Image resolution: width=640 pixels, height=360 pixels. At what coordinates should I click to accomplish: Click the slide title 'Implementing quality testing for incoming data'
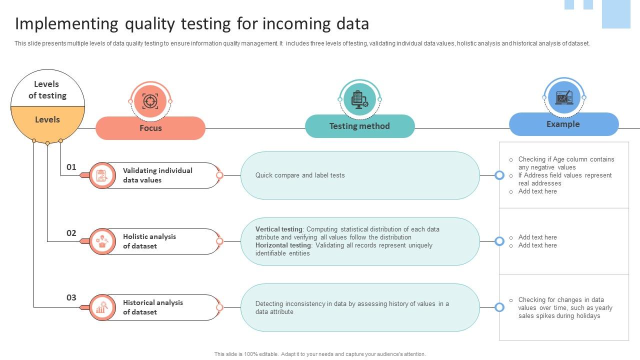[x=192, y=24]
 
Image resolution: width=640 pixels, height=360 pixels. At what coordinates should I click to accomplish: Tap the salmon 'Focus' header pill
[x=150, y=128]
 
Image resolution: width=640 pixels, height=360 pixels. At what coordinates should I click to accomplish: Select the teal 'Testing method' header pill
[x=359, y=126]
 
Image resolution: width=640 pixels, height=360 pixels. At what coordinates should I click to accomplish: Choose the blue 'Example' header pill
[x=563, y=124]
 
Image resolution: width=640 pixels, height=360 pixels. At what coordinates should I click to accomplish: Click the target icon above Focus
[x=150, y=101]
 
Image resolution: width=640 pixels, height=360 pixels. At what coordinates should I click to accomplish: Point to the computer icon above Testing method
[x=359, y=99]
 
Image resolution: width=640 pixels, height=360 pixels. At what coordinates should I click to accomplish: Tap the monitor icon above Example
[x=564, y=97]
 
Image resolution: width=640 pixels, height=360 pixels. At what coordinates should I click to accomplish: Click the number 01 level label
[x=71, y=167]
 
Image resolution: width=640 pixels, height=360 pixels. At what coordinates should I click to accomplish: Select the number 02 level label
[x=71, y=233]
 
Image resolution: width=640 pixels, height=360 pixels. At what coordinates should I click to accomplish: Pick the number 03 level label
[x=71, y=297]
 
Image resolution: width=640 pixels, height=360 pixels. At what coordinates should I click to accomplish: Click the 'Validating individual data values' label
[x=157, y=175]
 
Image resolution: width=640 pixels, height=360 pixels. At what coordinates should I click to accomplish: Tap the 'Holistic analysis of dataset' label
[x=149, y=241]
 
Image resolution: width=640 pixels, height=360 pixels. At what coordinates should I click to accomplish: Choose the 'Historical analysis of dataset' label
[x=152, y=307]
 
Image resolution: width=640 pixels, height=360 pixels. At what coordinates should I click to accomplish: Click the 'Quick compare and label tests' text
[x=300, y=175]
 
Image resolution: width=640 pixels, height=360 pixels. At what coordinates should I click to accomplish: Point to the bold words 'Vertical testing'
[x=279, y=229]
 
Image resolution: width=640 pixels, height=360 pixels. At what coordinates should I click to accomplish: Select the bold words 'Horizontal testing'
[x=283, y=245]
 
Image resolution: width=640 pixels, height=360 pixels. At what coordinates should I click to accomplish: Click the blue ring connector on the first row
[x=499, y=175]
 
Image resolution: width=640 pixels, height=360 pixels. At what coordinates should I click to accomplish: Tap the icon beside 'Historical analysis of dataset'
[x=102, y=307]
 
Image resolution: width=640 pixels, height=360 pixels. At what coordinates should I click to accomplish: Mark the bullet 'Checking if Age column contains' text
[x=566, y=159]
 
